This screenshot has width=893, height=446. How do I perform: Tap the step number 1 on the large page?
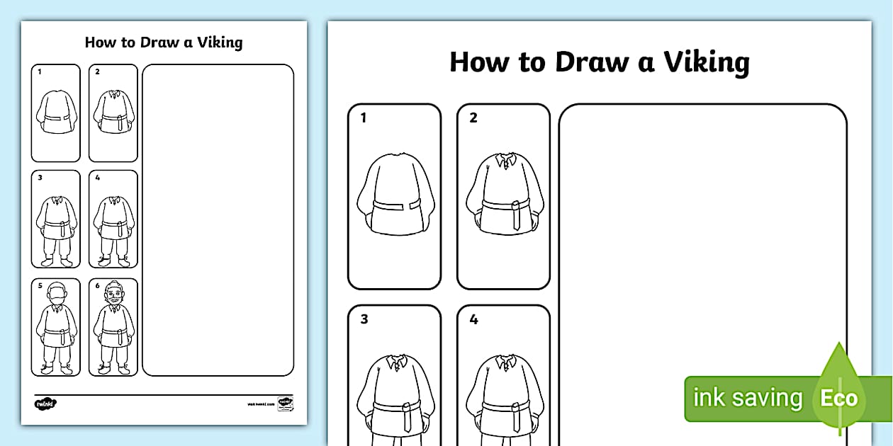(x=364, y=118)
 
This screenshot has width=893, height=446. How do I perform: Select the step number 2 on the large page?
(x=473, y=118)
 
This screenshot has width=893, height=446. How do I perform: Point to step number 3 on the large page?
(x=364, y=319)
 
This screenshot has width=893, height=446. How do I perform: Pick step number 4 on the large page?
(x=473, y=319)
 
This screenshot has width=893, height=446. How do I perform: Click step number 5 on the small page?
(x=40, y=286)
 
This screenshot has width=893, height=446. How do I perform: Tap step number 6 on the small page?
(x=97, y=286)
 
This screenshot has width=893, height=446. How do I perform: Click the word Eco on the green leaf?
(x=838, y=398)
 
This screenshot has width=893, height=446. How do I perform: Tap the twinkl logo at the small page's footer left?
(x=45, y=404)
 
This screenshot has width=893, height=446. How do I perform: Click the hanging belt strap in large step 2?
(x=515, y=217)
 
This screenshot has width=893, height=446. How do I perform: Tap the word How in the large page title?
(x=479, y=62)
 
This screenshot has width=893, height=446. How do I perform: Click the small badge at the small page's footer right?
(x=285, y=403)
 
